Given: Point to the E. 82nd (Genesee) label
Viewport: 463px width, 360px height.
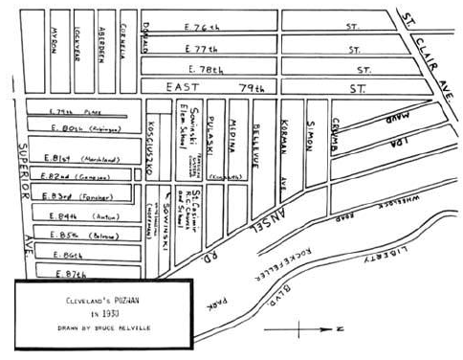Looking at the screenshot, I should [66, 177].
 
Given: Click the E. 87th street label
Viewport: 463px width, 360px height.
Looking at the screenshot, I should [60, 273].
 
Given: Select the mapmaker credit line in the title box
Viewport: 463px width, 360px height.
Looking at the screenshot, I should [100, 329].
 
